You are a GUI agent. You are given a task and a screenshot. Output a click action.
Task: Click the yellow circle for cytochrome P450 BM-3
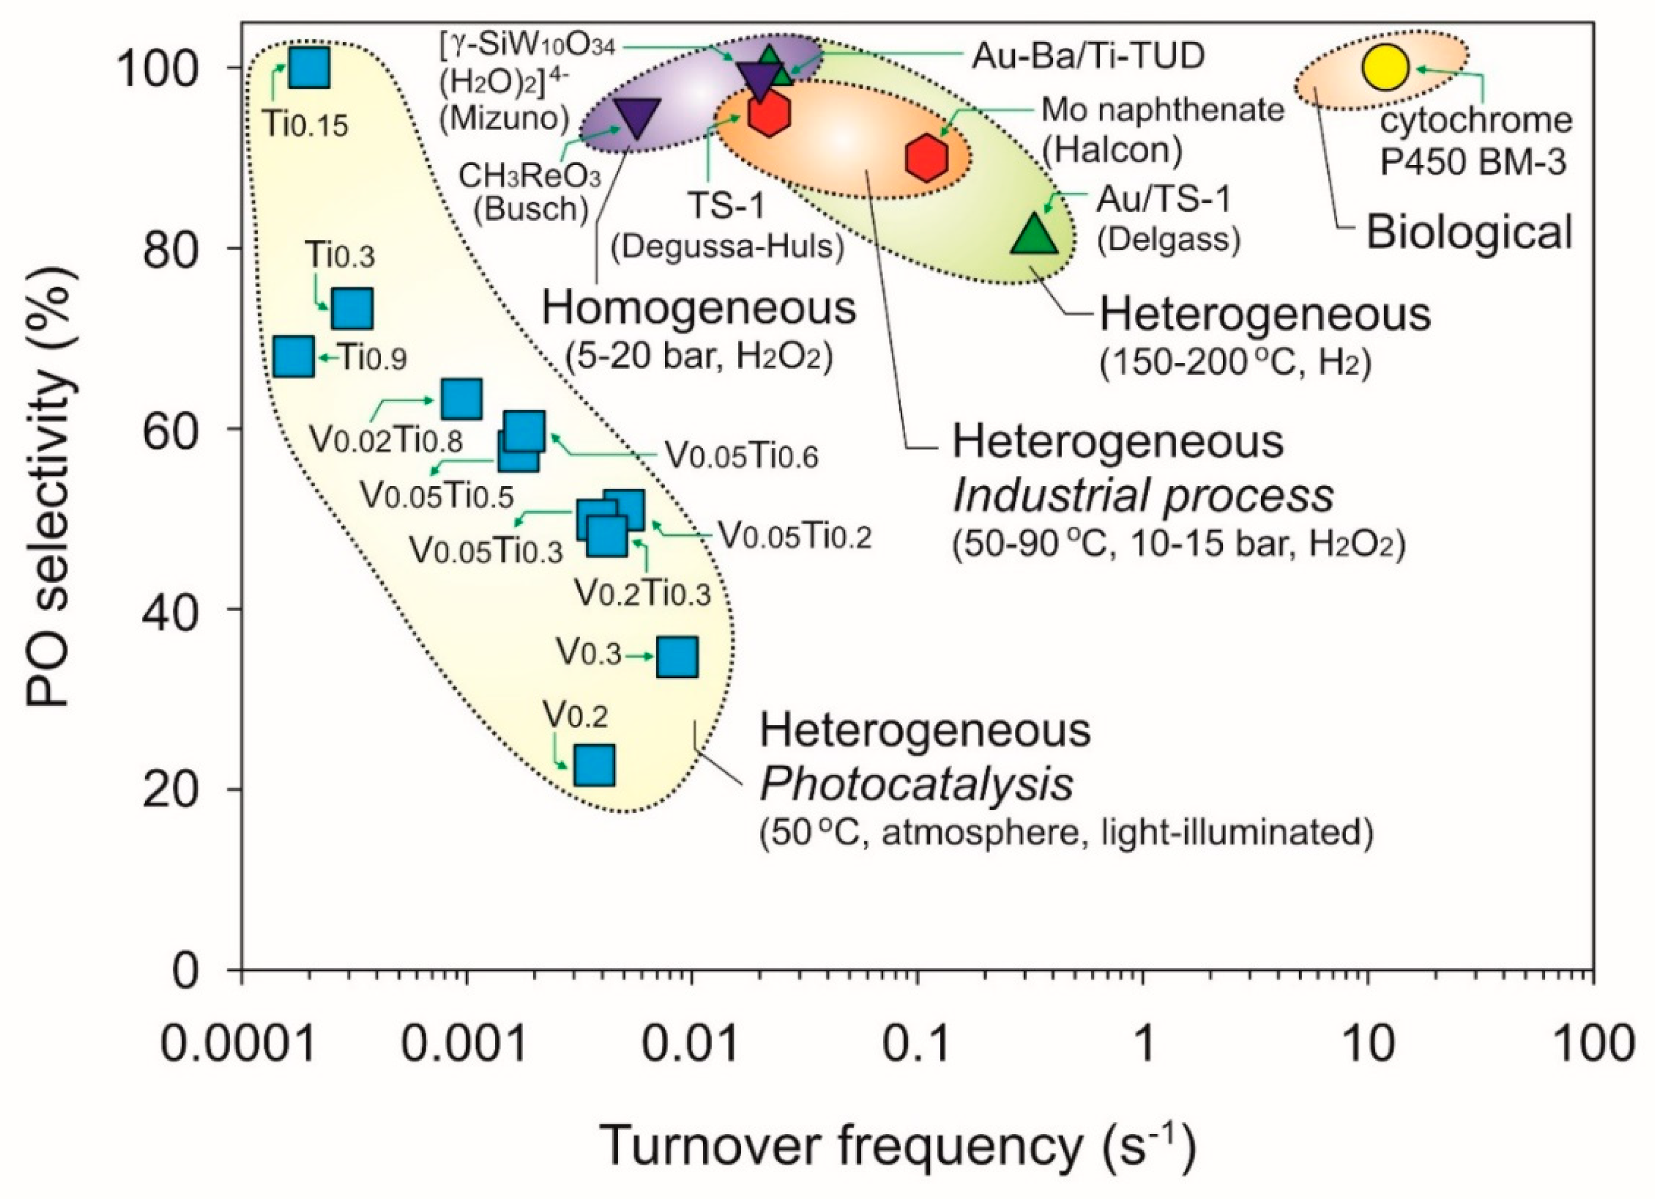pyautogui.click(x=1384, y=67)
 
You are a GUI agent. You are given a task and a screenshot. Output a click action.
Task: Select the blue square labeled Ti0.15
pyautogui.click(x=309, y=67)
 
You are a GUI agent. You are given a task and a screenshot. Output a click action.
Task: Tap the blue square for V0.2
pyautogui.click(x=594, y=765)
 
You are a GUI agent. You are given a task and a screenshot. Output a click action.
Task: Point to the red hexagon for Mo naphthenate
pyautogui.click(x=927, y=157)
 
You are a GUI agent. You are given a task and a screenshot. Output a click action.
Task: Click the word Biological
pyautogui.click(x=1470, y=233)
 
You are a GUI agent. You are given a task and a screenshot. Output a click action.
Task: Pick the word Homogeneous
pyautogui.click(x=698, y=309)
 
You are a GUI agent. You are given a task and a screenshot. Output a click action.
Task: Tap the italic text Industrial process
pyautogui.click(x=1143, y=496)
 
